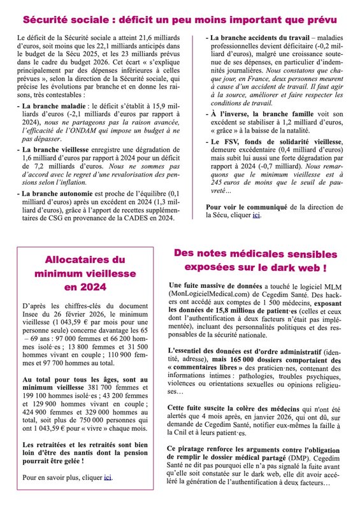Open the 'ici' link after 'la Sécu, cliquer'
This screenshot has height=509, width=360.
(256, 215)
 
